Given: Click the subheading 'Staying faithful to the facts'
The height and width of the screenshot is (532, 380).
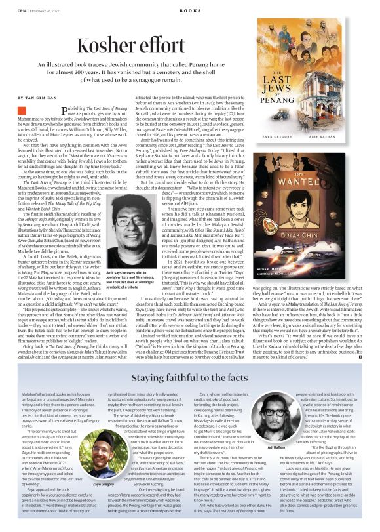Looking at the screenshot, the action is coord(189,360).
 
